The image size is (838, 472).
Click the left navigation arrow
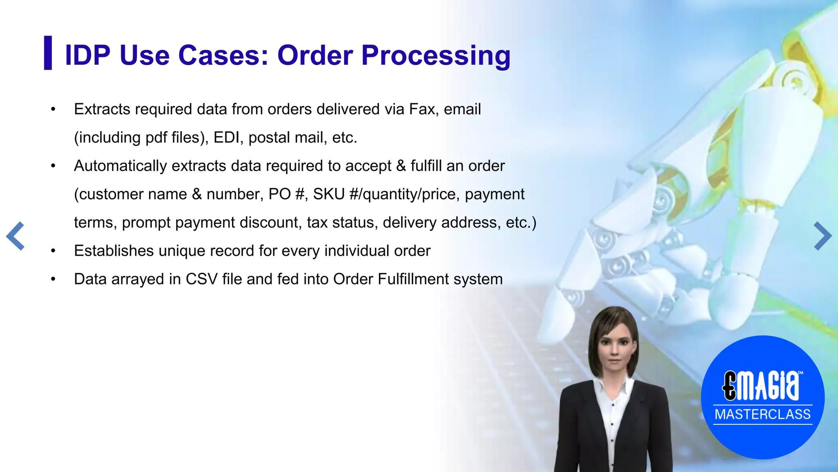[x=16, y=236]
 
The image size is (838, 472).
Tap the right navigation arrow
[x=822, y=236]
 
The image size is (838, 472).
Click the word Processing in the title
[x=436, y=55]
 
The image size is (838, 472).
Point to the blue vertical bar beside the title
[x=48, y=53]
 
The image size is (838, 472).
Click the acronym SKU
[x=329, y=194]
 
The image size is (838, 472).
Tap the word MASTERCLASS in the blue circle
[x=762, y=414]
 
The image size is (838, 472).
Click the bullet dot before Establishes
[x=53, y=251]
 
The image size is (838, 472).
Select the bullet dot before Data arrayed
[x=53, y=279]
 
